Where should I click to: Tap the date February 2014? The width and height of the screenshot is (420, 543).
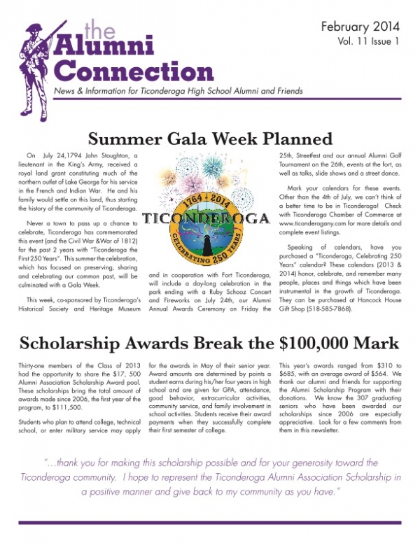360,27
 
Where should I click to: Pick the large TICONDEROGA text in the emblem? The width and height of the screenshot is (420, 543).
207,218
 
